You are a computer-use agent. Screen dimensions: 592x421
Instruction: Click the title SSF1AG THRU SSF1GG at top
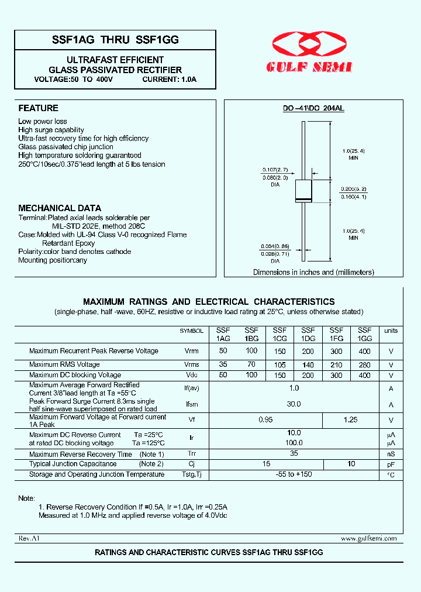point(115,40)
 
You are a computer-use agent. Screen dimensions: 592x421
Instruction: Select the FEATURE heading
point(38,108)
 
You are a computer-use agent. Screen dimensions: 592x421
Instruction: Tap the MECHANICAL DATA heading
point(60,208)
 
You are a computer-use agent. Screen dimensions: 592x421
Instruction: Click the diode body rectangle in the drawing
point(303,191)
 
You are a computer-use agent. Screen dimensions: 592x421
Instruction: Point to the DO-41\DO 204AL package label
point(313,108)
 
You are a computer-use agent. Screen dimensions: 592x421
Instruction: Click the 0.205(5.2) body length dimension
point(353,189)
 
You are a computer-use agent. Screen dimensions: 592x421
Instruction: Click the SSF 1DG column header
point(308,334)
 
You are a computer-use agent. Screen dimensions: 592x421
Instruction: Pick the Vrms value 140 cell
point(308,364)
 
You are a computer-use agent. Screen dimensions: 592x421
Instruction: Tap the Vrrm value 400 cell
point(364,351)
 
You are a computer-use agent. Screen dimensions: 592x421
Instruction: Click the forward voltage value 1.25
point(350,420)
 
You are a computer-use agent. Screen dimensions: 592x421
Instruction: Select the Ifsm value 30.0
point(294,404)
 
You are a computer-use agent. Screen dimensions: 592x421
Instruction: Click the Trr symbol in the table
point(192,454)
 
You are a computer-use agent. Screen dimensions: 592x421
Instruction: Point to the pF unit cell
point(391,464)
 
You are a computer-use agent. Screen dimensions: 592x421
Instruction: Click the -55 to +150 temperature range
point(294,474)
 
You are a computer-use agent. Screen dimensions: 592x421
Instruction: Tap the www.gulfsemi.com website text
point(368,538)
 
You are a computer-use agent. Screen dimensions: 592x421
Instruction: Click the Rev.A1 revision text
point(29,538)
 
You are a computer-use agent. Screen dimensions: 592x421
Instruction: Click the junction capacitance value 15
point(266,464)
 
